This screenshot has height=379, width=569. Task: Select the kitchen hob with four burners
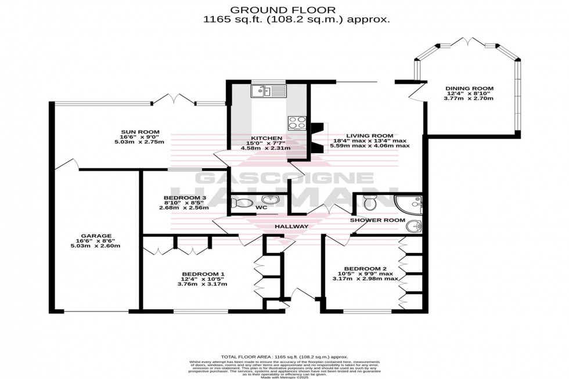[x=297, y=122]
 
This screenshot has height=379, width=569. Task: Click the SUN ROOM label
[x=139, y=132]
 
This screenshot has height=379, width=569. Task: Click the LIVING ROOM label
[x=370, y=136]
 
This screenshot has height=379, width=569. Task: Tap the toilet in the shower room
[x=369, y=202]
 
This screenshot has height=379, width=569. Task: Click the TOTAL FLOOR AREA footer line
[x=284, y=356]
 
